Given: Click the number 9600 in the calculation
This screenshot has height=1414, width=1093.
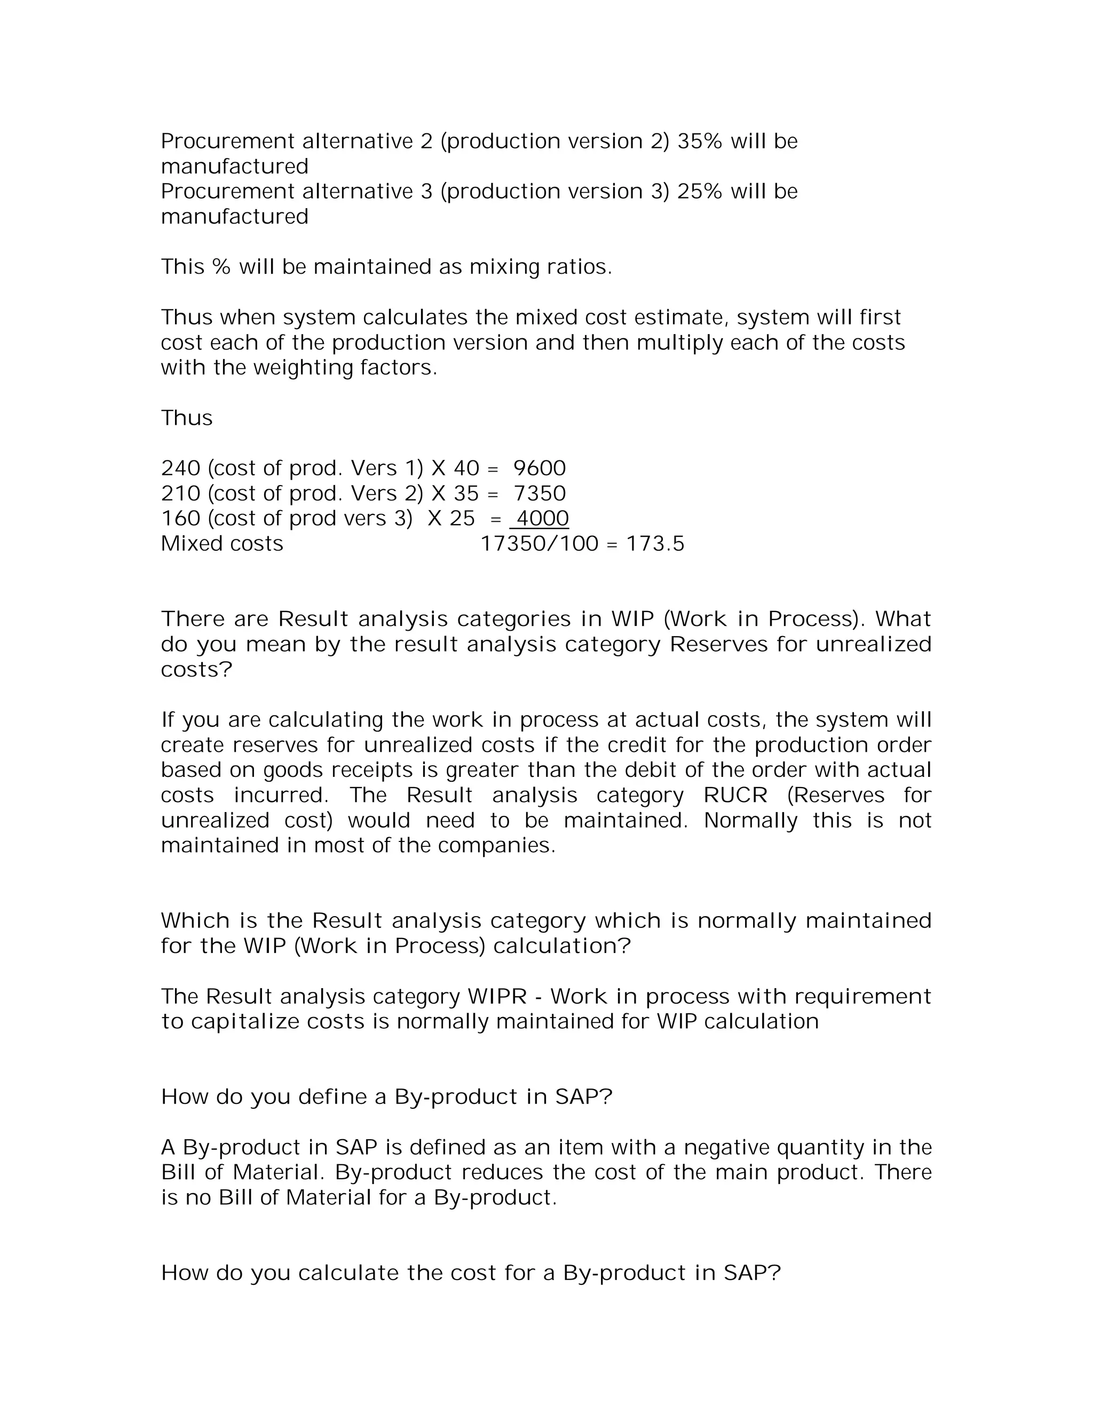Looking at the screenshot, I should (540, 468).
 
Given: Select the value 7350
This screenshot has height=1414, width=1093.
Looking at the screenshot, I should (540, 494).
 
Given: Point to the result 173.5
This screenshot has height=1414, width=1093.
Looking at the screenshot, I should (655, 544).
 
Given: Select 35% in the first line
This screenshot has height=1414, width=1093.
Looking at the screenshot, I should (699, 141).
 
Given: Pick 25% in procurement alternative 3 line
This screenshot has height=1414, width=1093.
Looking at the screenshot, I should (699, 192).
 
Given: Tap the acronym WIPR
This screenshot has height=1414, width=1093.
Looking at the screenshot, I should (497, 996).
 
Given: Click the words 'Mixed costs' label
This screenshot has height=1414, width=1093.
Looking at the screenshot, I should (222, 544).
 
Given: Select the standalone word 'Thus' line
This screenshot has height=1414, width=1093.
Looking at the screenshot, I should (186, 418).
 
